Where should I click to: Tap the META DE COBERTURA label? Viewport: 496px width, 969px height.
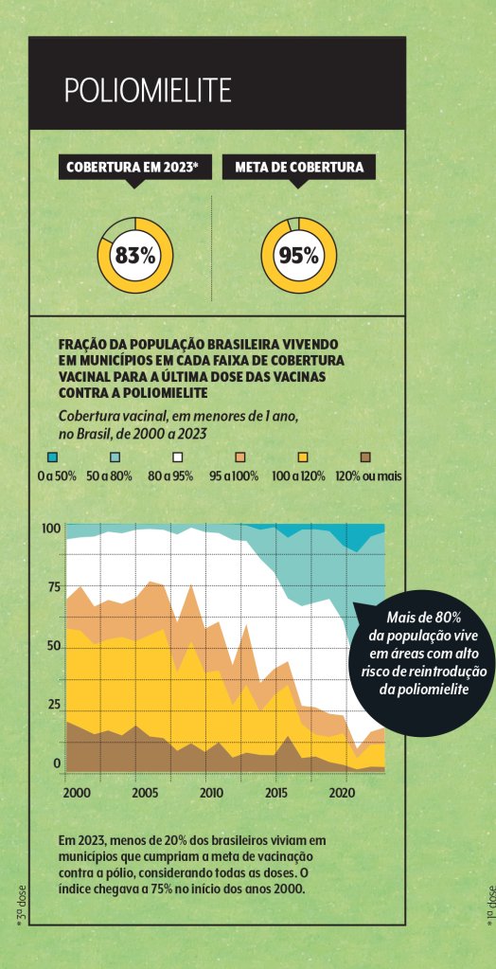point(299,168)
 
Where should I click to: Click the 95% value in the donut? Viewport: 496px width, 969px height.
point(298,255)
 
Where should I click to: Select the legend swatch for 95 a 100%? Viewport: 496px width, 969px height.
point(241,457)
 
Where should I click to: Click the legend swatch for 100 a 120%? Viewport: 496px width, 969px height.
point(304,457)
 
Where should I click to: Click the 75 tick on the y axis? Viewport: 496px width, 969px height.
point(53,586)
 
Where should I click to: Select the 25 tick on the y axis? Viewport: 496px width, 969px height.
point(53,705)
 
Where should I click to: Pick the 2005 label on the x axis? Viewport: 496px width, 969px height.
point(144,792)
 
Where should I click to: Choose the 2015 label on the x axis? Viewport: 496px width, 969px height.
point(277,792)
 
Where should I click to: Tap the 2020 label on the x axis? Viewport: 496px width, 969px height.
point(344,792)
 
